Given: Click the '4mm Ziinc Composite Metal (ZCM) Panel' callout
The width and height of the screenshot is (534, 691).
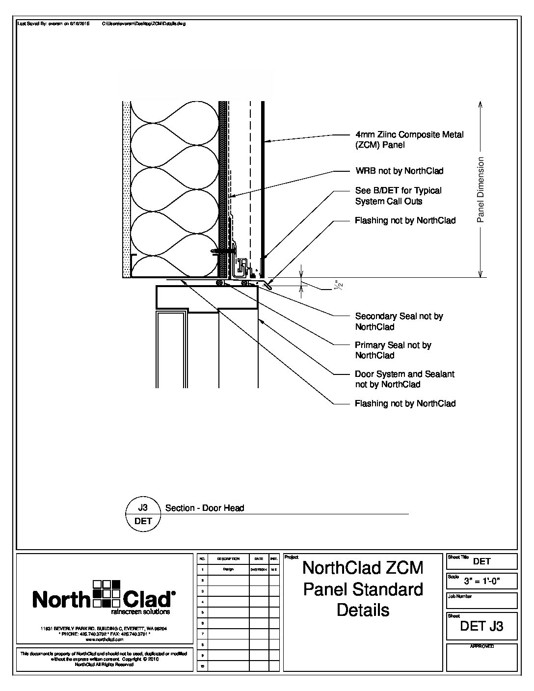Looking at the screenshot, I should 409,140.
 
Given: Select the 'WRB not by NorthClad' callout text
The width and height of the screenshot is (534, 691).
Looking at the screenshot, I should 399,171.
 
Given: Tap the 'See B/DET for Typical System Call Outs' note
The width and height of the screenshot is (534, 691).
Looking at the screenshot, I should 398,196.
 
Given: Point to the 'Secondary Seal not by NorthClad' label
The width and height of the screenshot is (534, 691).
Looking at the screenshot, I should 399,321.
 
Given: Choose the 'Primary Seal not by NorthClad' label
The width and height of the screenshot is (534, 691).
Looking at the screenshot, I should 393,350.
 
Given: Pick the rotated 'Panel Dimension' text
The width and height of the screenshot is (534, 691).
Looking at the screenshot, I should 481,189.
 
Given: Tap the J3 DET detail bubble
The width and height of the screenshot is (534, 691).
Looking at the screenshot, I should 143,514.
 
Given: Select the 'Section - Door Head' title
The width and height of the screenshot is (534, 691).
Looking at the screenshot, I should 205,508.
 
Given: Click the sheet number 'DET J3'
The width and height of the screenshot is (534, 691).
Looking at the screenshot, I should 481,626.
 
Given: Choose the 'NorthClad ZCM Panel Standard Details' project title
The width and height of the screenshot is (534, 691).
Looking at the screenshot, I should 363,588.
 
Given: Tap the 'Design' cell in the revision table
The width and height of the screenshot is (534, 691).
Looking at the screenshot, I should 228,569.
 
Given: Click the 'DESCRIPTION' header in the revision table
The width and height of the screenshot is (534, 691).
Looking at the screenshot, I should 228,559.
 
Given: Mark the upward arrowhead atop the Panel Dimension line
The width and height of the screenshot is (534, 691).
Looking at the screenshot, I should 481,104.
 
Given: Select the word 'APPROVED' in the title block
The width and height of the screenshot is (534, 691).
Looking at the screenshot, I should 481,646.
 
